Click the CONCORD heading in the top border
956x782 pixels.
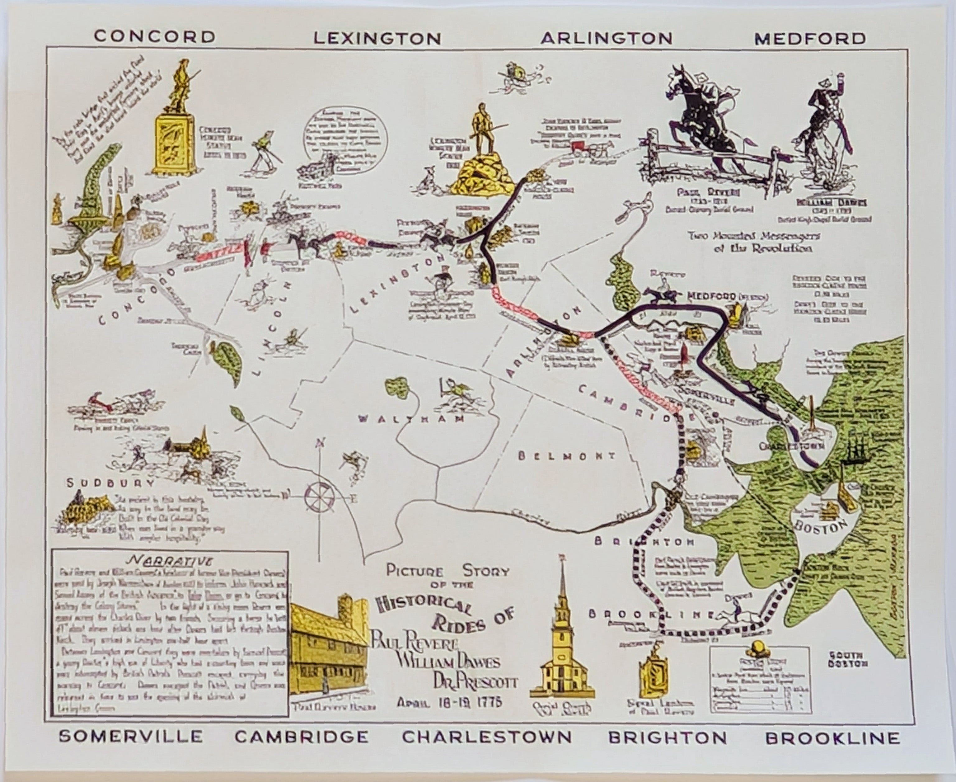tap(154, 36)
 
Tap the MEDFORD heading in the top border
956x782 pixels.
tap(810, 38)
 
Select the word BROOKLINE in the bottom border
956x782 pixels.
tap(833, 738)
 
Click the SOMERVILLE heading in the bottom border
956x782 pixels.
tap(131, 736)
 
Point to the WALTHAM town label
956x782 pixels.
tap(411, 419)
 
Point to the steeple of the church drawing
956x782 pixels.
tap(561, 586)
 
